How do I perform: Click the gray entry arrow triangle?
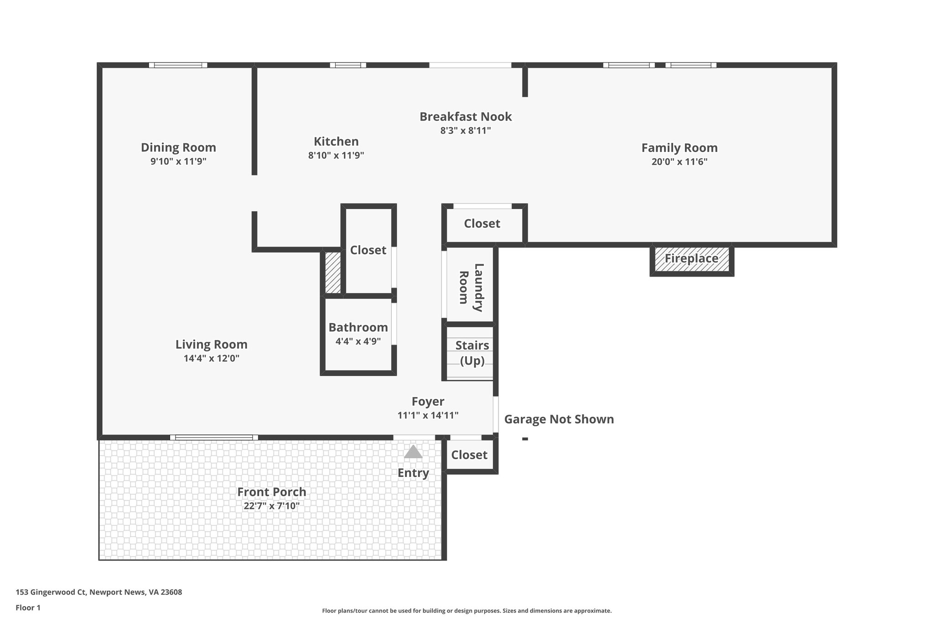(x=413, y=452)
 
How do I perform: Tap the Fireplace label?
(x=691, y=258)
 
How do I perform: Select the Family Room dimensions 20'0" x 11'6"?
(x=679, y=162)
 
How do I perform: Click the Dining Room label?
(x=178, y=147)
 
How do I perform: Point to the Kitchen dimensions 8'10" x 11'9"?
(x=336, y=155)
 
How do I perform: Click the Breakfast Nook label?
(x=466, y=116)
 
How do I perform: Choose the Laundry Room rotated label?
(x=471, y=288)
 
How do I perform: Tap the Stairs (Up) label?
(x=472, y=353)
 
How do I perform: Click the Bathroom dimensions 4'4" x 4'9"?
(x=358, y=341)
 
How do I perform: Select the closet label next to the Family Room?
(x=482, y=224)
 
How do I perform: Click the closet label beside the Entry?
(x=469, y=455)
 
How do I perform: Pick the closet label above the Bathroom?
(x=368, y=250)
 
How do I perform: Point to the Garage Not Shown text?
(x=559, y=419)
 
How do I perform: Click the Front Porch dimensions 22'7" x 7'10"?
(x=271, y=506)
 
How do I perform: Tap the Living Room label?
(x=211, y=344)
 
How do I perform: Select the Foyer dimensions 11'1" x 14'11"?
(x=428, y=415)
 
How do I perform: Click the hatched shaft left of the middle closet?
(x=332, y=272)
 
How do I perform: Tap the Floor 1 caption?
(x=28, y=607)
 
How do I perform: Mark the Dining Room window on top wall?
(x=178, y=65)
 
